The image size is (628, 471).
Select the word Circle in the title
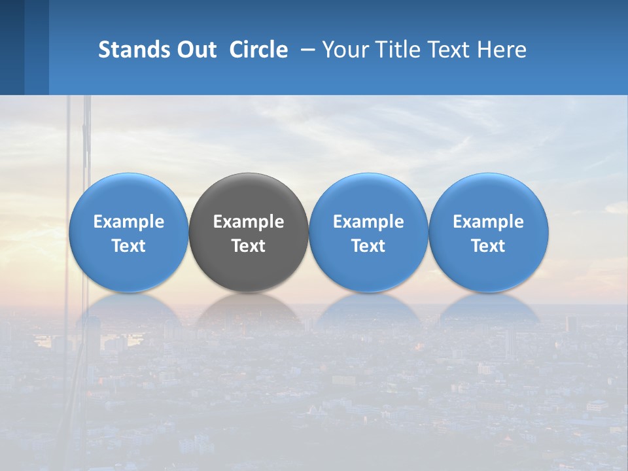[258, 50]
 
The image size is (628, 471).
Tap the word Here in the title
[504, 50]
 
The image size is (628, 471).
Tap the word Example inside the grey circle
[249, 222]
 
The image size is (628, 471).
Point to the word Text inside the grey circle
[249, 246]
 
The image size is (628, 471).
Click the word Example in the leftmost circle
[128, 222]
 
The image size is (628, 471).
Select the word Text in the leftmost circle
[128, 246]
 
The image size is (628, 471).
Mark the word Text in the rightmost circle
[489, 246]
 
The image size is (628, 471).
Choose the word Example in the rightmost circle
[489, 222]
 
